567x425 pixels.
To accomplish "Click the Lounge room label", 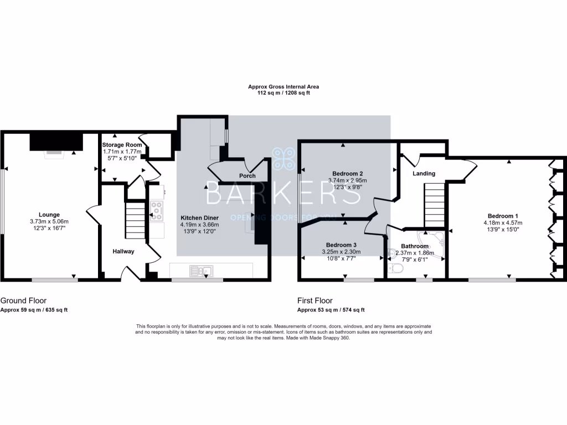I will click(49, 215).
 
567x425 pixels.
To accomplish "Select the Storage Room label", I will click(122, 145).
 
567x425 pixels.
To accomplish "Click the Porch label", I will click(247, 176).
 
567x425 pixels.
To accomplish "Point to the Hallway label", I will click(123, 251).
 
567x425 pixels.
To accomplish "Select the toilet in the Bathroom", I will click(396, 268).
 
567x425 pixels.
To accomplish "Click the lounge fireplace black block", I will click(56, 142).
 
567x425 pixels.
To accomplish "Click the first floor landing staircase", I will click(435, 205).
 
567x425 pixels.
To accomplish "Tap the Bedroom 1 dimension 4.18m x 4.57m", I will click(503, 223).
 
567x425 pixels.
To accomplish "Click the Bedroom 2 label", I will click(347, 173).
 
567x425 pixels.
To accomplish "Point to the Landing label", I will click(424, 173).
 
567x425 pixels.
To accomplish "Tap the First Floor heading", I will click(315, 300).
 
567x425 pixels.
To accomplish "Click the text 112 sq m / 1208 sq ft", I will click(283, 93).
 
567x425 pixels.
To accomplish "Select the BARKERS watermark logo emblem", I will click(283, 159).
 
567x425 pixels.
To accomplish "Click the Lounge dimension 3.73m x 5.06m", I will click(49, 221).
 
